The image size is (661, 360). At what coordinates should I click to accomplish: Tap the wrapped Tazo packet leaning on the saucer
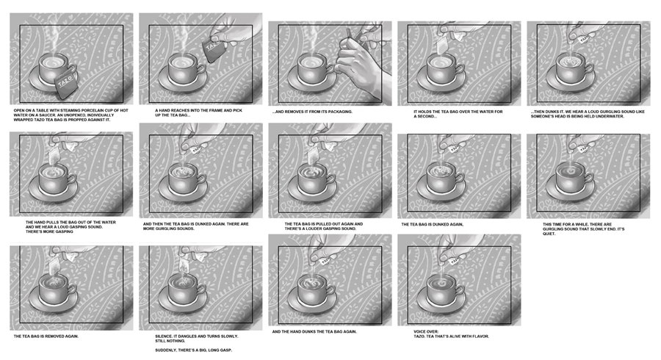click(x=66, y=82)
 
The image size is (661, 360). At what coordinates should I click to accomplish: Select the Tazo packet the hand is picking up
click(x=214, y=48)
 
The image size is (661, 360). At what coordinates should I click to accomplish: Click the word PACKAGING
click(x=340, y=112)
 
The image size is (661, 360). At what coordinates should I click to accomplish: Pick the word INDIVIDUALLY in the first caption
click(x=101, y=115)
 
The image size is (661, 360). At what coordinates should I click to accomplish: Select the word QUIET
click(x=549, y=234)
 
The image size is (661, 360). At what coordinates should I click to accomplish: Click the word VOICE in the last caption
click(x=421, y=332)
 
